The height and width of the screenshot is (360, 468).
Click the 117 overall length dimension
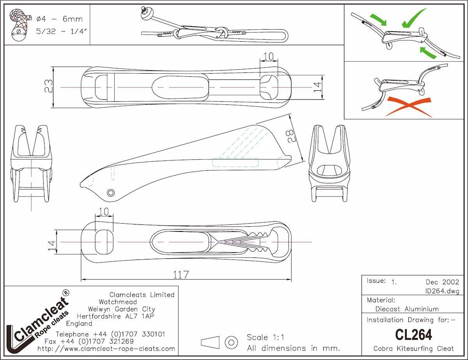[181, 275]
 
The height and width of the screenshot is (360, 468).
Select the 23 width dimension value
[48, 86]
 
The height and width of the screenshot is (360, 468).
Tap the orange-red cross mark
[409, 107]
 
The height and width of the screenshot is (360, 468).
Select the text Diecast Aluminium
[407, 309]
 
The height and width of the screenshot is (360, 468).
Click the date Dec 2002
[442, 282]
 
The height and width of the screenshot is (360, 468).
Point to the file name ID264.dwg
[442, 291]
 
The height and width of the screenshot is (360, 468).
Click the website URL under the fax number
[106, 349]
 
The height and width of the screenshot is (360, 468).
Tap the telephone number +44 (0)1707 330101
[129, 334]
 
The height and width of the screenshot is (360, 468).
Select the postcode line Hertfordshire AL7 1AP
[115, 316]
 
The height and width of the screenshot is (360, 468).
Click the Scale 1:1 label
[266, 337]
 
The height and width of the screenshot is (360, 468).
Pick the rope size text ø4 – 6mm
[59, 19]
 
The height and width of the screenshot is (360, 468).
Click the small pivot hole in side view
[111, 192]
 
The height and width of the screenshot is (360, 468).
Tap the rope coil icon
[20, 25]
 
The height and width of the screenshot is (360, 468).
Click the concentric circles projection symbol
[231, 342]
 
